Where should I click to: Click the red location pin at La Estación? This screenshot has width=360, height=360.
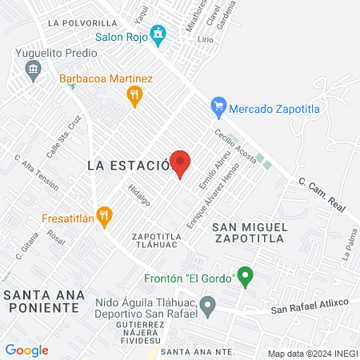coord(180,162)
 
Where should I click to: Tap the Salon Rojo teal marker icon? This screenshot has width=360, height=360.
coord(158,34)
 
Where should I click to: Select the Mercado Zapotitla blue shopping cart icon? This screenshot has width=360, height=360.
coord(217,106)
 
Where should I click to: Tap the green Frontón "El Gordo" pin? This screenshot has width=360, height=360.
coord(246,278)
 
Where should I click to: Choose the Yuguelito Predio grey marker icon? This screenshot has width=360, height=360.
coord(33,70)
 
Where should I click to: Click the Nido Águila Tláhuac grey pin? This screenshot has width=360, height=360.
coord(208,304)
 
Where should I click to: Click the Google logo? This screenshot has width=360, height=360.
coord(26,350)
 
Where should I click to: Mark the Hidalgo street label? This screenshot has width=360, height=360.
coord(139,195)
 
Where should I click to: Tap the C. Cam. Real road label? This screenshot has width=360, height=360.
coord(323,194)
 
